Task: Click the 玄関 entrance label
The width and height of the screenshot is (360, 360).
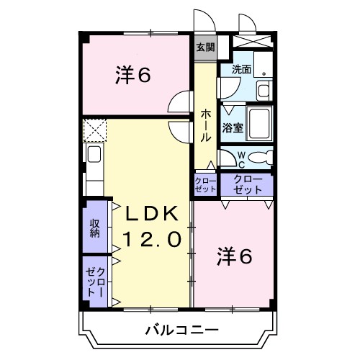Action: click(204, 48)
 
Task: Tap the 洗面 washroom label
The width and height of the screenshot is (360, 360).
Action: click(241, 70)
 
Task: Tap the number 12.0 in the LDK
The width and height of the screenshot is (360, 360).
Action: click(151, 239)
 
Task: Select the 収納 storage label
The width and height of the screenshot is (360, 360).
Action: click(94, 228)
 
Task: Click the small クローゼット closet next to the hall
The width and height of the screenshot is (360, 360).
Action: click(205, 184)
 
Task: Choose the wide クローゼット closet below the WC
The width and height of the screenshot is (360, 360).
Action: click(246, 184)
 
